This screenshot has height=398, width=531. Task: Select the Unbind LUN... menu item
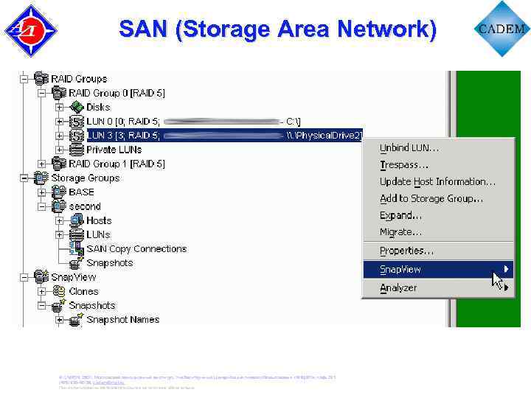409,147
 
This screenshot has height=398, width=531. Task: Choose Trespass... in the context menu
403,164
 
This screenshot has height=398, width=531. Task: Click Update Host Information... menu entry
437,181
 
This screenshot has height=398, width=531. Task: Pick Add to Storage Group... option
431,198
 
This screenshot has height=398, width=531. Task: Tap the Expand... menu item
400,215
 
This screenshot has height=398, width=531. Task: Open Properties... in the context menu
406,251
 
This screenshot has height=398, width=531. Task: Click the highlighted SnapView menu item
400,270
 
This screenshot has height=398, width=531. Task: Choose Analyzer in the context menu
398,288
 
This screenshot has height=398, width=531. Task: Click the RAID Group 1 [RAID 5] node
117,164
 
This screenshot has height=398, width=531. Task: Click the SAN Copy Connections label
136,249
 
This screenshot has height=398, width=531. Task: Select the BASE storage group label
81,192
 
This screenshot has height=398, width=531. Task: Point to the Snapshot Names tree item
122,320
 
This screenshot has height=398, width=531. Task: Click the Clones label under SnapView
83,291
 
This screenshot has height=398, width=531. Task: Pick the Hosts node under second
99,220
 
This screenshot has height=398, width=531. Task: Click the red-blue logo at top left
30,30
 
